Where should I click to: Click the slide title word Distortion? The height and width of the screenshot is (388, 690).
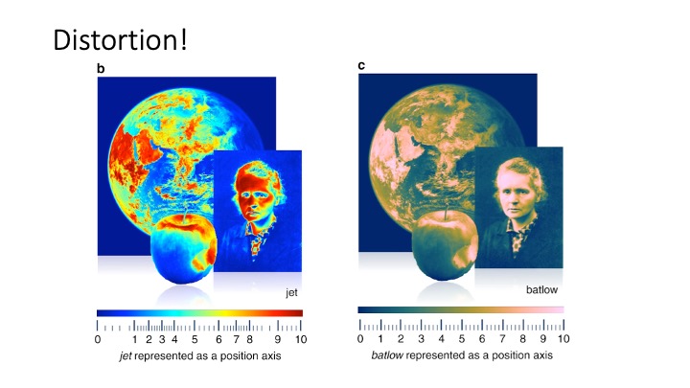coord(120,39)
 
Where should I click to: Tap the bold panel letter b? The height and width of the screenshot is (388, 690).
coord(101,69)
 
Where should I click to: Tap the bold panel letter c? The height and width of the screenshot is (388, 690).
coord(361,65)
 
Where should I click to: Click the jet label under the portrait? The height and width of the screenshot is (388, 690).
coord(291,292)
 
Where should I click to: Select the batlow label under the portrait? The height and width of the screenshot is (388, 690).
coord(541,289)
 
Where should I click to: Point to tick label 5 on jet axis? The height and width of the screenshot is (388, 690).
coord(195,339)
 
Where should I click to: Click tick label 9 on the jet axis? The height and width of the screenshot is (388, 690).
coord(277,339)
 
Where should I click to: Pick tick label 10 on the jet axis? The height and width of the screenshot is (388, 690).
coord(301,339)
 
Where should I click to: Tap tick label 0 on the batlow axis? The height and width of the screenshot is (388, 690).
coord(360,339)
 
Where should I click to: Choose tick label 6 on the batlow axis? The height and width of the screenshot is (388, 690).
coord(482,339)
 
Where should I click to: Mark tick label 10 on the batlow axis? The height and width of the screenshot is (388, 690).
coord(563,339)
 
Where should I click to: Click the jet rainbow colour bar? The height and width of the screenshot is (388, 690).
coord(199,313)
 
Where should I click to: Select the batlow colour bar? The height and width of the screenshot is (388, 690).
coord(461,310)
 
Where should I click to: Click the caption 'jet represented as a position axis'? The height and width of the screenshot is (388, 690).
coord(200,355)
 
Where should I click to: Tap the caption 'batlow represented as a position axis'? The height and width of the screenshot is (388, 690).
coord(462,355)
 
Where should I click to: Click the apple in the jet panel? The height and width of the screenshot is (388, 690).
coord(183,249)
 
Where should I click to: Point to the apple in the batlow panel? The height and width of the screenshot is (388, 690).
coord(445,245)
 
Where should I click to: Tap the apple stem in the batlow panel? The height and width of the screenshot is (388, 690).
coord(447,212)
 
